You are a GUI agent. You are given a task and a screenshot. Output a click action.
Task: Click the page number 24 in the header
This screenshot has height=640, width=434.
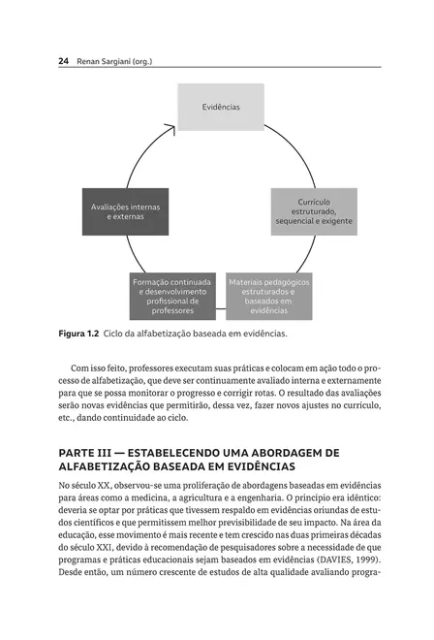63,61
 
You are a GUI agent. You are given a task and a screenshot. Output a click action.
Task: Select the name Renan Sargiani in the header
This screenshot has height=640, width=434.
106,61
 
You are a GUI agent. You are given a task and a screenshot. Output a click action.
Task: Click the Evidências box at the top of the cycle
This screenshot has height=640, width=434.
220,107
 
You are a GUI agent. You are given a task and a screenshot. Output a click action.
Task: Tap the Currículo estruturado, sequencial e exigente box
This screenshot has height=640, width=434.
313,211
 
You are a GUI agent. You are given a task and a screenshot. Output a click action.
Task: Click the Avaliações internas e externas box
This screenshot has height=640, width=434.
125,211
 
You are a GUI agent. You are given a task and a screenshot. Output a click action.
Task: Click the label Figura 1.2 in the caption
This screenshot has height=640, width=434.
78,334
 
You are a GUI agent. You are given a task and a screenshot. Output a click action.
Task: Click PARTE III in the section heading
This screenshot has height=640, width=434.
85,452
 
